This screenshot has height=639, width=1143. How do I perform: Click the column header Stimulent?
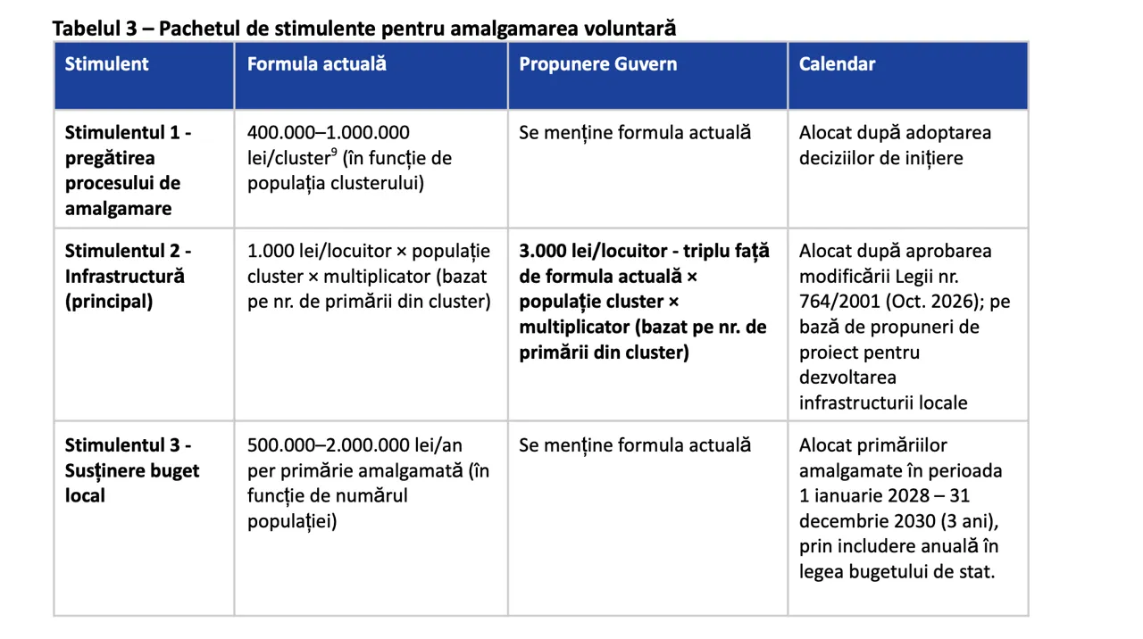point(106,64)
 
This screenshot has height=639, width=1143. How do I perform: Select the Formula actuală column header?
point(316,64)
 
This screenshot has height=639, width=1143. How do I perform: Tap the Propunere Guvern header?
point(597,64)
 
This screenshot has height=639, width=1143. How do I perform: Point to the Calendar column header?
point(837,64)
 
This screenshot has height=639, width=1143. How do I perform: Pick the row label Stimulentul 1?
point(128,133)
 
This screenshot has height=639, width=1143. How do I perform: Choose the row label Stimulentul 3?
point(128,445)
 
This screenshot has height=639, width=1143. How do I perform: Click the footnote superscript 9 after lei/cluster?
point(333,154)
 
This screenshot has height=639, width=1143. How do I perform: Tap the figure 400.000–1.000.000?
point(328,133)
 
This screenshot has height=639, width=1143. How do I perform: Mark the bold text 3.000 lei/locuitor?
point(589,251)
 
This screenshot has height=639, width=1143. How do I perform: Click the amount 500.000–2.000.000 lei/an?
point(355,445)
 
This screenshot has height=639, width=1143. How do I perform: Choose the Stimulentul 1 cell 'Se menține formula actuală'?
point(635,133)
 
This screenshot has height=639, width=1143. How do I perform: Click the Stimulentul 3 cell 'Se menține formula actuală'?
point(635,445)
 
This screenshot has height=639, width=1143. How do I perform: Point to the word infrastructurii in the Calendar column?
point(856,402)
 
